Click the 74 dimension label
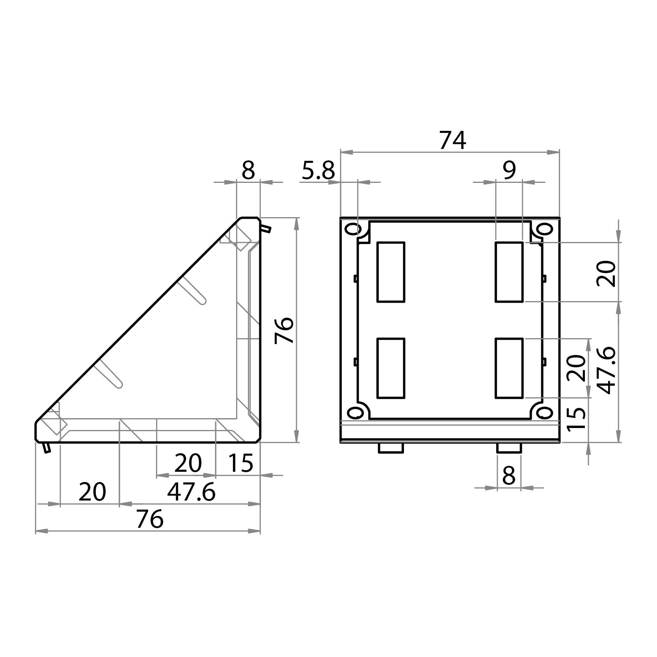click(x=452, y=141)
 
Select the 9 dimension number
click(x=509, y=171)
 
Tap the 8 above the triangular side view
click(x=248, y=171)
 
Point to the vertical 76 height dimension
click(x=285, y=330)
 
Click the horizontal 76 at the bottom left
click(x=149, y=519)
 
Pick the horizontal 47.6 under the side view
click(x=191, y=492)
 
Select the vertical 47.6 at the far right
click(x=606, y=370)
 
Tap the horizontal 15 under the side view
click(x=240, y=463)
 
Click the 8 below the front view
click(x=509, y=476)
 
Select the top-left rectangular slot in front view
click(x=391, y=272)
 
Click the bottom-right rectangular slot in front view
click(x=509, y=368)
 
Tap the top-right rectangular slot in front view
click(x=509, y=272)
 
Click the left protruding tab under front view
click(x=390, y=448)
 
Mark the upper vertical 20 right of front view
click(x=606, y=273)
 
